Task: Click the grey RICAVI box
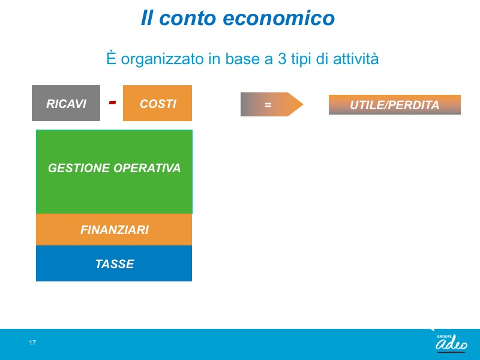coord(66,103)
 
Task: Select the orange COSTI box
coord(157,103)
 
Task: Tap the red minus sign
coord(112,102)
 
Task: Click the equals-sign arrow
coord(272,104)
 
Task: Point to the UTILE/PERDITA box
coord(395,104)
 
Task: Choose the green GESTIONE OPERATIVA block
coord(114,172)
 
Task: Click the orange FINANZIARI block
coord(114,230)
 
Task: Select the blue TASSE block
coord(114,263)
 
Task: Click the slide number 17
coord(32,343)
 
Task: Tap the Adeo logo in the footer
coord(452,343)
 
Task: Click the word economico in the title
coord(278,18)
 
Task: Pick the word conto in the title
coord(188,18)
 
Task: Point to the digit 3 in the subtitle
coord(282,58)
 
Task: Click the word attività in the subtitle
coord(356,58)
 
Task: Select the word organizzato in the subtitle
coord(162,59)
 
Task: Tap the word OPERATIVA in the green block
coord(147,168)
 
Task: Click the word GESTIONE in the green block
coord(79,168)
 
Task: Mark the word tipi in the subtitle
coord(301,59)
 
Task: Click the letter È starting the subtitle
coord(111,58)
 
